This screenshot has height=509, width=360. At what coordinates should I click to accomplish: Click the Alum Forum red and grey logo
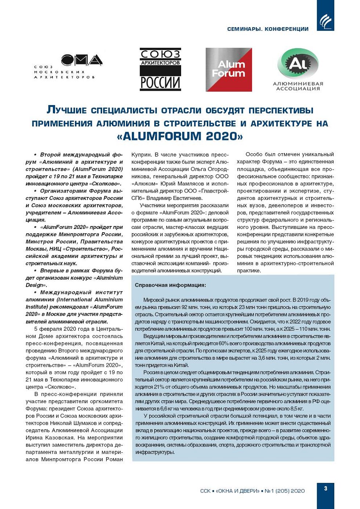228,69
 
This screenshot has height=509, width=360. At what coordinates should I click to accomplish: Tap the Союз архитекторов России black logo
161,69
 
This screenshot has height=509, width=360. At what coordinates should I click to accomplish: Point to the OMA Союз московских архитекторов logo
68,66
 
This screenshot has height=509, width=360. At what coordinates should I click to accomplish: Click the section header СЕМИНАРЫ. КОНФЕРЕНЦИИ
268,29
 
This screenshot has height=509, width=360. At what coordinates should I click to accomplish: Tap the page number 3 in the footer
325,488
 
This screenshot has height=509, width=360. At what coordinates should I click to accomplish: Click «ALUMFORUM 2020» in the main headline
180,136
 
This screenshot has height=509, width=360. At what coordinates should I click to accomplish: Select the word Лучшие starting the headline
66,110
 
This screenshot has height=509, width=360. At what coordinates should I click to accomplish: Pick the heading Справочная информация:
170,285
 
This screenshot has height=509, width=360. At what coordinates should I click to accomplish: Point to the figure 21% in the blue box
159,387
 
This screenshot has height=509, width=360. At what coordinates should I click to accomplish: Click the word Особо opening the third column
254,155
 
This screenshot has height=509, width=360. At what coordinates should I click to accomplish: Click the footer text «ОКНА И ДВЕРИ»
238,491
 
